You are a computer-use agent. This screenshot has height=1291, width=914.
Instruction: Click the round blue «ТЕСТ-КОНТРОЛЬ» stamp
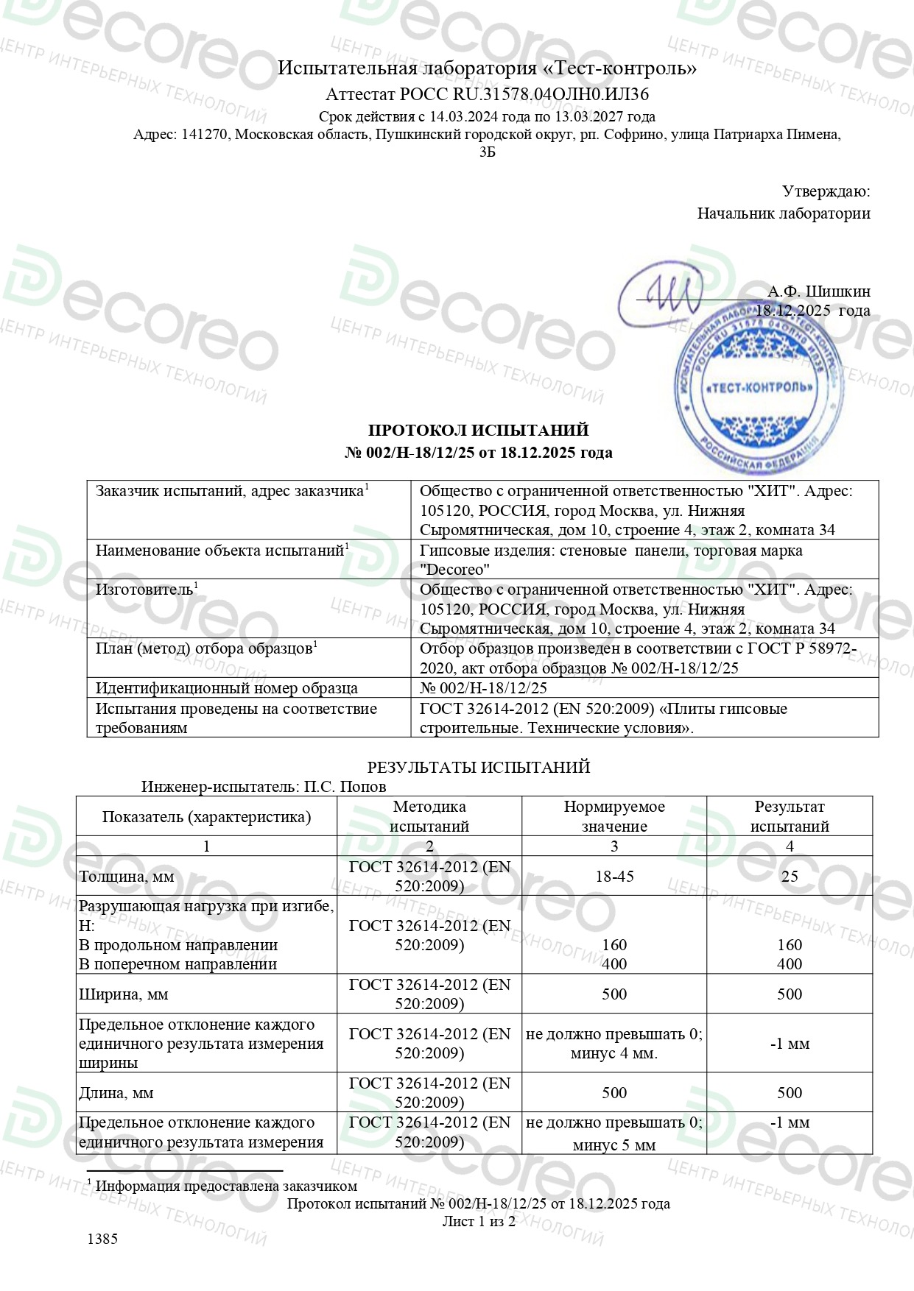[759, 388]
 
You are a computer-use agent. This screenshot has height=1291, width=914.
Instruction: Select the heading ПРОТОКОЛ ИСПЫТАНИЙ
[478, 431]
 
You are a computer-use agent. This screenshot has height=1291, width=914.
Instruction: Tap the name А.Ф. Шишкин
[818, 291]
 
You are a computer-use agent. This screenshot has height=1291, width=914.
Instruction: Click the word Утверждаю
[826, 192]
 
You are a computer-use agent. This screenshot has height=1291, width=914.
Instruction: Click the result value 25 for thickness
[789, 876]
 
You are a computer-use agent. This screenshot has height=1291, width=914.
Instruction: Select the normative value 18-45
[614, 876]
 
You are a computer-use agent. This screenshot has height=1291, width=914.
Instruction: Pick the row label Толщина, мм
[127, 877]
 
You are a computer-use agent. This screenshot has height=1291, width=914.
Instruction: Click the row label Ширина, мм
[124, 994]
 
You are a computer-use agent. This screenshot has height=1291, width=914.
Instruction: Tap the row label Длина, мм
[116, 1093]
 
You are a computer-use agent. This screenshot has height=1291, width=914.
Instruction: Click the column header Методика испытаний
[429, 816]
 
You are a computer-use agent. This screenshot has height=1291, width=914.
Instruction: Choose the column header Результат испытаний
[789, 816]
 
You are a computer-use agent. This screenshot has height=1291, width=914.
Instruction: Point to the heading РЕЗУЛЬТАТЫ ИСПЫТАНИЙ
[479, 767]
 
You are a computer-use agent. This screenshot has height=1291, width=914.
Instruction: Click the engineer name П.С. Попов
[345, 786]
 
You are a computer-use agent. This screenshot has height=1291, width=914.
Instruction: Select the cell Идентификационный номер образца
[227, 688]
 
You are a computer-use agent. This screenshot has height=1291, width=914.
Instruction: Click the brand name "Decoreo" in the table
[454, 570]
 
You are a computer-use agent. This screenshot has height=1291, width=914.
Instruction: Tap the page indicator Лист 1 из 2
[478, 1221]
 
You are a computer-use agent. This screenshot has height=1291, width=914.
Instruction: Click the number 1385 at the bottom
[102, 1239]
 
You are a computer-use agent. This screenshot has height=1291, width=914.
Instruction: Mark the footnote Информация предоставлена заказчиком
[226, 1186]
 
